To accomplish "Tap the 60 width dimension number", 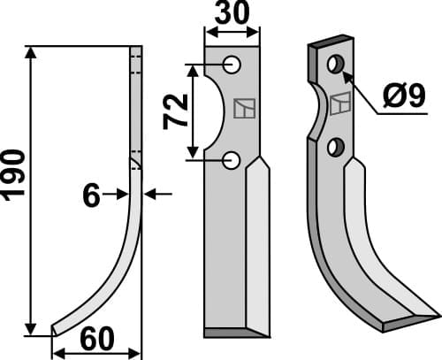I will click(96, 340).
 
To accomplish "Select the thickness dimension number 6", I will click(91, 195).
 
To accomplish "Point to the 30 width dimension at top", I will click(232, 16).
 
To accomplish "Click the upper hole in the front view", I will click(232, 65).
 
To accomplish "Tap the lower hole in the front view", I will click(232, 159).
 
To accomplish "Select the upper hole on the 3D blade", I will click(335, 65).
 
